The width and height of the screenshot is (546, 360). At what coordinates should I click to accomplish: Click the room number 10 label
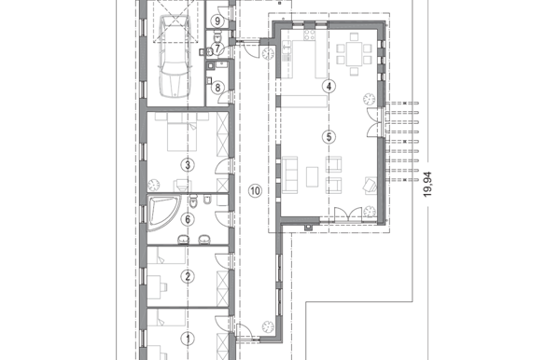click(x=255, y=190)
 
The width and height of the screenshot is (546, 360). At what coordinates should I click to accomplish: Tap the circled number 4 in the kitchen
click(x=329, y=86)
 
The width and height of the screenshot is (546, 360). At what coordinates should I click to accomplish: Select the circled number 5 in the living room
click(x=329, y=137)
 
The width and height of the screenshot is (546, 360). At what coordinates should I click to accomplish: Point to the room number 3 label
click(x=188, y=165)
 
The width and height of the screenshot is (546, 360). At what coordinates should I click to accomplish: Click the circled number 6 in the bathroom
click(x=188, y=219)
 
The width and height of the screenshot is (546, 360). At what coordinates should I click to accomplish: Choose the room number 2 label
click(x=188, y=276)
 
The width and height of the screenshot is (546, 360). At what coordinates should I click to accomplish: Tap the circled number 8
click(x=217, y=88)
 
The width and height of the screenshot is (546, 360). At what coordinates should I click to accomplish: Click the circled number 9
click(x=217, y=21)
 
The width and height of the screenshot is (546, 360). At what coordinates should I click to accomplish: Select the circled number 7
click(x=217, y=48)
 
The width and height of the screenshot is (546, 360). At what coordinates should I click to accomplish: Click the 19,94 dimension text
click(x=427, y=185)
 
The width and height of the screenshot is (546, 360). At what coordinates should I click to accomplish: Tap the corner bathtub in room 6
click(x=163, y=213)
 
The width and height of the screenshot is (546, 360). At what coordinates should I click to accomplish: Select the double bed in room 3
click(x=181, y=132)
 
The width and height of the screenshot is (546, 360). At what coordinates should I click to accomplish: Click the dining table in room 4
click(x=354, y=54)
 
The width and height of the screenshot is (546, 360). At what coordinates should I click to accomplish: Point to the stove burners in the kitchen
click(x=310, y=35)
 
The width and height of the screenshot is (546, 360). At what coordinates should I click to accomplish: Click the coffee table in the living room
click(x=313, y=176)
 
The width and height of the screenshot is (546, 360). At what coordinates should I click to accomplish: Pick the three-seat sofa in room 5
click(x=289, y=175)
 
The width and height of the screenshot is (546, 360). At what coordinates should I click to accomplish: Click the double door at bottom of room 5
click(x=348, y=215)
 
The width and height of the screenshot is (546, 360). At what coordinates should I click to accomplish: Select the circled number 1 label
click(x=189, y=339)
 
